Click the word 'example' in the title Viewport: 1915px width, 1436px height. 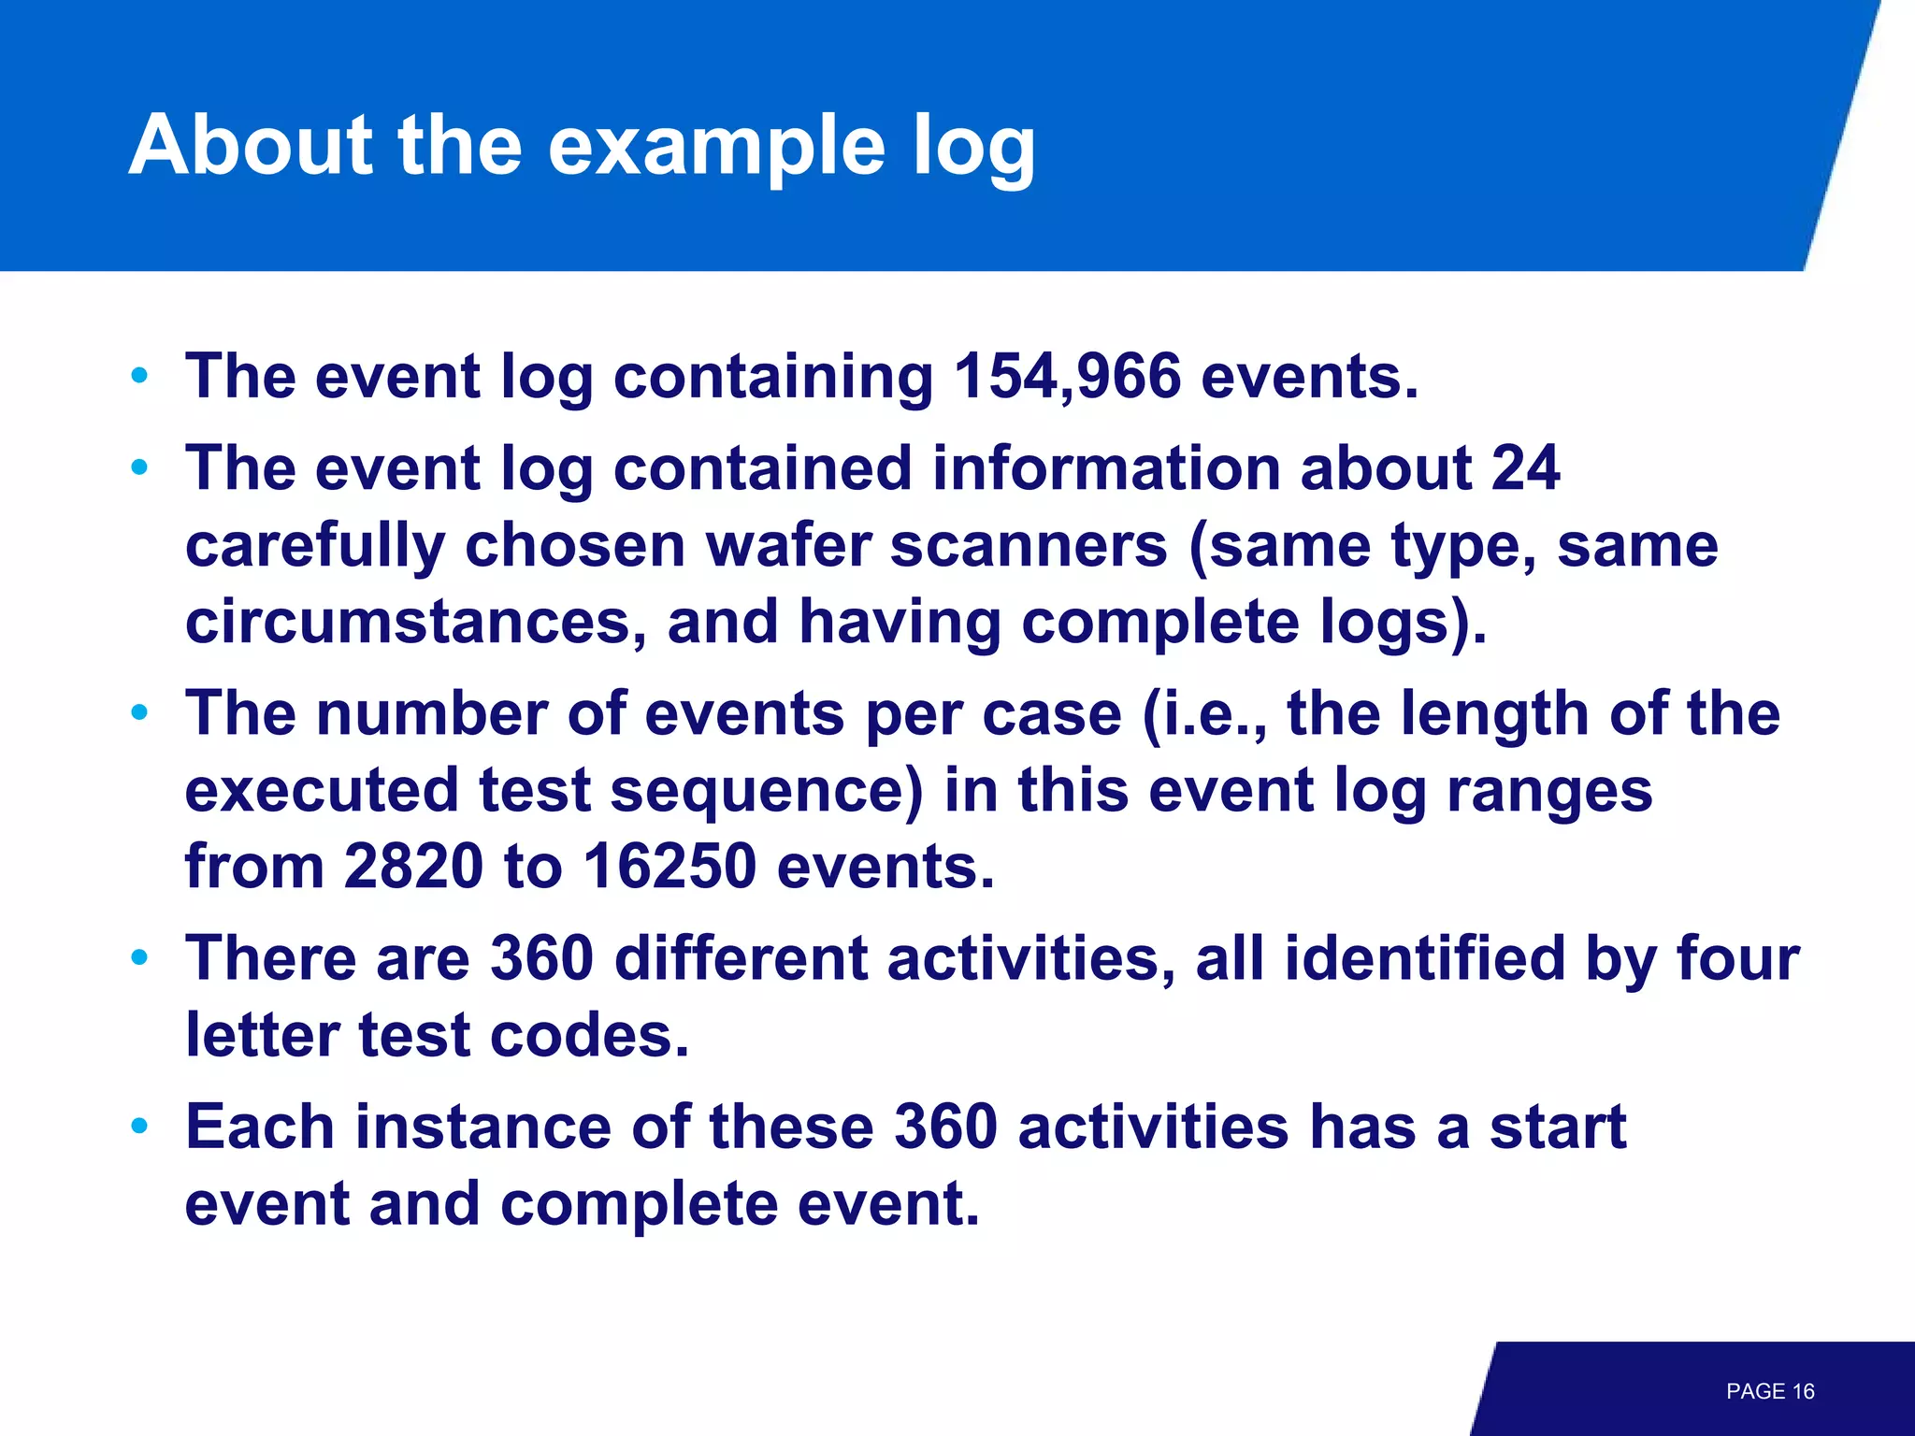pyautogui.click(x=715, y=147)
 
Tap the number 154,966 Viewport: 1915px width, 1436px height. pyautogui.click(x=1068, y=377)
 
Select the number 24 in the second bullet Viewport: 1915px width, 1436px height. pyautogui.click(x=1524, y=468)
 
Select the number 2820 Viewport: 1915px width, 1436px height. pyautogui.click(x=413, y=867)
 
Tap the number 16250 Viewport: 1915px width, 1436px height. pyautogui.click(x=670, y=867)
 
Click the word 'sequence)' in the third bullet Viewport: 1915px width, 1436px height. pyautogui.click(x=767, y=790)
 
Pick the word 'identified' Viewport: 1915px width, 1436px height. pyautogui.click(x=1424, y=959)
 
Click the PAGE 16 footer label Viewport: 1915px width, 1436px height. pyautogui.click(x=1770, y=1391)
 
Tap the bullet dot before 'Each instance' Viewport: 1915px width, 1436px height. pyautogui.click(x=140, y=1126)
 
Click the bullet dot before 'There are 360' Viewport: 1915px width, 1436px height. pyautogui.click(x=140, y=957)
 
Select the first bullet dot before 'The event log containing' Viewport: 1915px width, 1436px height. pyautogui.click(x=140, y=376)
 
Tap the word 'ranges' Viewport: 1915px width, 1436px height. pyautogui.click(x=1549, y=792)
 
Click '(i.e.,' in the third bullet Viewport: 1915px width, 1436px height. pyautogui.click(x=1205, y=715)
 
